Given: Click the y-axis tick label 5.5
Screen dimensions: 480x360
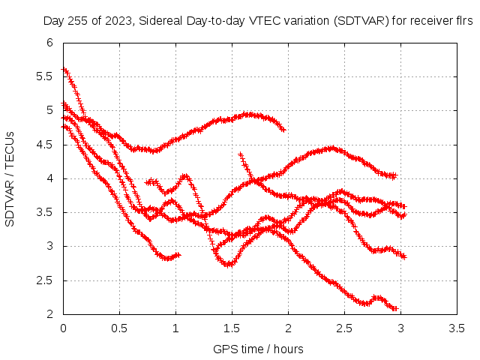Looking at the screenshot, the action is point(44,76).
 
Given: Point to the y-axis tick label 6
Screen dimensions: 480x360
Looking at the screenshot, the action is point(50,43).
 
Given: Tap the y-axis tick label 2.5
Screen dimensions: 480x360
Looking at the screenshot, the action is point(44,280).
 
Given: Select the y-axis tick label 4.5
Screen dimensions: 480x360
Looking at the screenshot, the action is point(44,145).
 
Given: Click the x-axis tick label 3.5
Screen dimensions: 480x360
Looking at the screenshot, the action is point(457,328).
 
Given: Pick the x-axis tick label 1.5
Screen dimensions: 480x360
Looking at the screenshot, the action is point(232,328).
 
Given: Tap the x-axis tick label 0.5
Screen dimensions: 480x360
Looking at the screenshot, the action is point(119,328).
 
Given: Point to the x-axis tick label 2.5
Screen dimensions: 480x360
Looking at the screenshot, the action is point(344,328).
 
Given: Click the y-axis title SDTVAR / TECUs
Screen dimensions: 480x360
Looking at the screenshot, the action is point(10,179).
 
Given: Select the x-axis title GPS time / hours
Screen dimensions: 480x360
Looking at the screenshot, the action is point(258,349).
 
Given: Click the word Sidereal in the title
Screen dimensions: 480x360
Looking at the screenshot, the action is point(161,21).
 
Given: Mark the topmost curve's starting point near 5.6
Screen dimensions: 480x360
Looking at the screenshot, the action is point(64,69).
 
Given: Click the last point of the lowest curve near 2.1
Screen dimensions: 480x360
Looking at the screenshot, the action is point(395,308).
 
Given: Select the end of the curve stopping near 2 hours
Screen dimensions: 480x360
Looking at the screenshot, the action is point(283,130).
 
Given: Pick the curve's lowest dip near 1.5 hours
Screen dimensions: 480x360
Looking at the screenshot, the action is point(228,264).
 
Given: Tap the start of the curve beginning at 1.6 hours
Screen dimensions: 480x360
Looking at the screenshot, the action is point(241,154).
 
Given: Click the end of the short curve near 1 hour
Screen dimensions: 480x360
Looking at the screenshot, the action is point(178,255).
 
